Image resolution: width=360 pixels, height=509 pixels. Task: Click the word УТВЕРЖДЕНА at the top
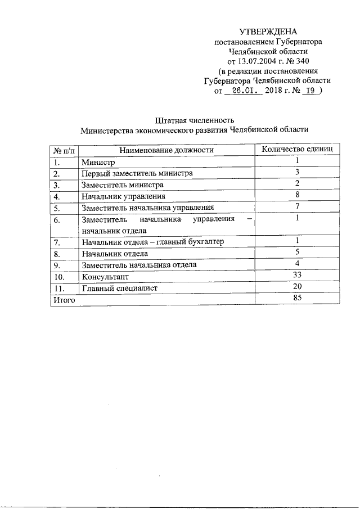pyautogui.click(x=268, y=31)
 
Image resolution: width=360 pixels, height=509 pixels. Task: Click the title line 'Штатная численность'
pyautogui.click(x=194, y=120)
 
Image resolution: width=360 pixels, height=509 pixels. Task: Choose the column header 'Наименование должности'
pyautogui.click(x=166, y=150)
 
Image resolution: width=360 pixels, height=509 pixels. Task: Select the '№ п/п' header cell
pyautogui.click(x=63, y=150)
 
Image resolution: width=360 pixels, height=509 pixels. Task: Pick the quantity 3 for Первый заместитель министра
pyautogui.click(x=296, y=172)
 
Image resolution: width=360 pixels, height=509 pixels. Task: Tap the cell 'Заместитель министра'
pyautogui.click(x=122, y=184)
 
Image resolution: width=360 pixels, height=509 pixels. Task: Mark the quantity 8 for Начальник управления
pyautogui.click(x=296, y=195)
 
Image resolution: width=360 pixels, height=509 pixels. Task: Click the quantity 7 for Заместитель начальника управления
pyautogui.click(x=296, y=206)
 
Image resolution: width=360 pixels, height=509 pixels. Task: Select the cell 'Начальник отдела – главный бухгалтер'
pyautogui.click(x=152, y=242)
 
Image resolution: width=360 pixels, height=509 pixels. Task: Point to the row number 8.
pyautogui.click(x=56, y=254)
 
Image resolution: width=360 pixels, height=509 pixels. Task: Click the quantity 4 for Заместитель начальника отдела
pyautogui.click(x=296, y=264)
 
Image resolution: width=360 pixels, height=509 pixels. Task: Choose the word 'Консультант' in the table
pyautogui.click(x=105, y=277)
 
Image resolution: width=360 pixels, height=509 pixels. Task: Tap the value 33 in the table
pyautogui.click(x=297, y=275)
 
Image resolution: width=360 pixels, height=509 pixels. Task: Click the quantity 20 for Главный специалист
pyautogui.click(x=297, y=287)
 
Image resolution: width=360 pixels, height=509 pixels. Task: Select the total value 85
pyautogui.click(x=297, y=299)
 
